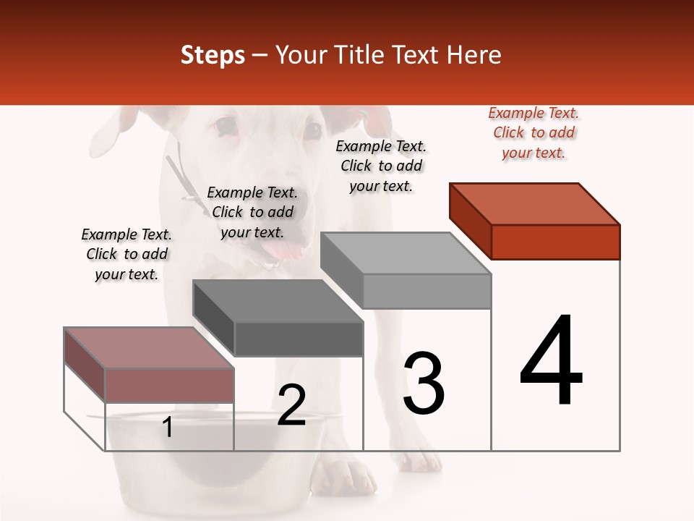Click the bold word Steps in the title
pyautogui.click(x=213, y=55)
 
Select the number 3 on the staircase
pyautogui.click(x=424, y=384)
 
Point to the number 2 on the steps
pyautogui.click(x=291, y=405)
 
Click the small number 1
pyautogui.click(x=168, y=427)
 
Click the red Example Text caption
pyautogui.click(x=534, y=132)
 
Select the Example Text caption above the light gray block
pyautogui.click(x=381, y=166)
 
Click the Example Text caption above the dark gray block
pyautogui.click(x=252, y=212)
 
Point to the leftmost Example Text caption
pyautogui.click(x=127, y=254)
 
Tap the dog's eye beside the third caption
pyautogui.click(x=312, y=131)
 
